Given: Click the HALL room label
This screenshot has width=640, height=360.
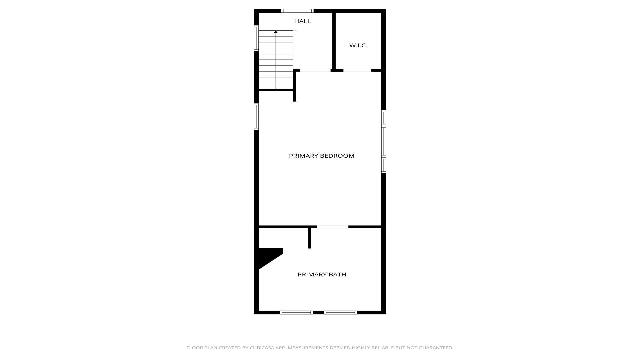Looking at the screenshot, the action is point(302,21).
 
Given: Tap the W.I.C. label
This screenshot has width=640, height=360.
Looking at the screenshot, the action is point(358,45).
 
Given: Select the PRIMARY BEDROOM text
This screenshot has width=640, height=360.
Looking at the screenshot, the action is point(322,156).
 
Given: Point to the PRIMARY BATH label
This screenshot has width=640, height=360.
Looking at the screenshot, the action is point(322,274).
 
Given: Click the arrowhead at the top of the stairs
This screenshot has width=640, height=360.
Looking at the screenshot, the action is point(276,32).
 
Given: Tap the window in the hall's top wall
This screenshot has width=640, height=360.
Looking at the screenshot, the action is point(298,11).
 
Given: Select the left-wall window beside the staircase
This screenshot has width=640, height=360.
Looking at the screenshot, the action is point(256,38).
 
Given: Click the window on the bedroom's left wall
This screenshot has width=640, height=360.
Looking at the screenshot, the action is point(256,117).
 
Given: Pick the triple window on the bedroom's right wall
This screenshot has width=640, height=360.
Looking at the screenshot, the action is point(384,142).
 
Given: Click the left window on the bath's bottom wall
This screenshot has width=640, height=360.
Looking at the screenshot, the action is point(296,312).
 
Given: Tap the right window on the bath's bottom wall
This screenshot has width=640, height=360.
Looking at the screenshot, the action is point(340,312).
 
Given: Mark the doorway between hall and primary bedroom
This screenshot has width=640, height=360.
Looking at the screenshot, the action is point(315,70).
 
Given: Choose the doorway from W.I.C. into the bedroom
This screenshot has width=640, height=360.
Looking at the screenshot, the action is point(357,70).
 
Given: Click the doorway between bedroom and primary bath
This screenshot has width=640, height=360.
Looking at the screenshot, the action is point(332,227).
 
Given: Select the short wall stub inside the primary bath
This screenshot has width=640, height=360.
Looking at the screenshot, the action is point(309,238).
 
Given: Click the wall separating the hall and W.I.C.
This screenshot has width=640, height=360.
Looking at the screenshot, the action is point(334,41).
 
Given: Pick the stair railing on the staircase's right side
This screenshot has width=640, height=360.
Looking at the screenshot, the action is point(294,50).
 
